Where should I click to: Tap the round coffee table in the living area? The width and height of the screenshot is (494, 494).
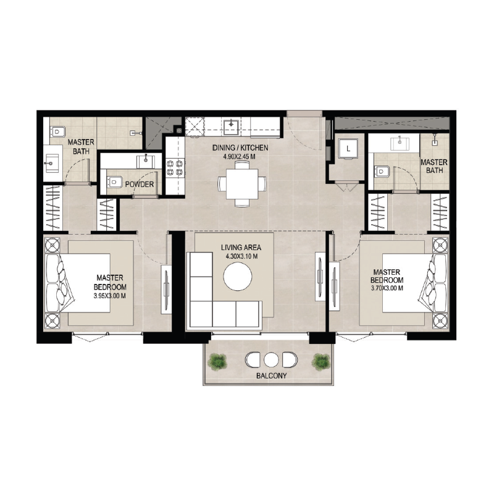pos(238,277)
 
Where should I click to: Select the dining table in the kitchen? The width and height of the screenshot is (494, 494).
pos(242,184)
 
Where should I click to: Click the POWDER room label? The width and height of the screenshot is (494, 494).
pos(140,184)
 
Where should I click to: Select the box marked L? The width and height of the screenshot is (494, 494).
pos(348,149)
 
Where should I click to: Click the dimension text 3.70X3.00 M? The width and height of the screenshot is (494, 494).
pos(387,288)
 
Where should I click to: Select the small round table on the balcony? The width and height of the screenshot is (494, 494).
pos(272,359)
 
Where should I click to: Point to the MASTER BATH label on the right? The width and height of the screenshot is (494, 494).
pos(434,166)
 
